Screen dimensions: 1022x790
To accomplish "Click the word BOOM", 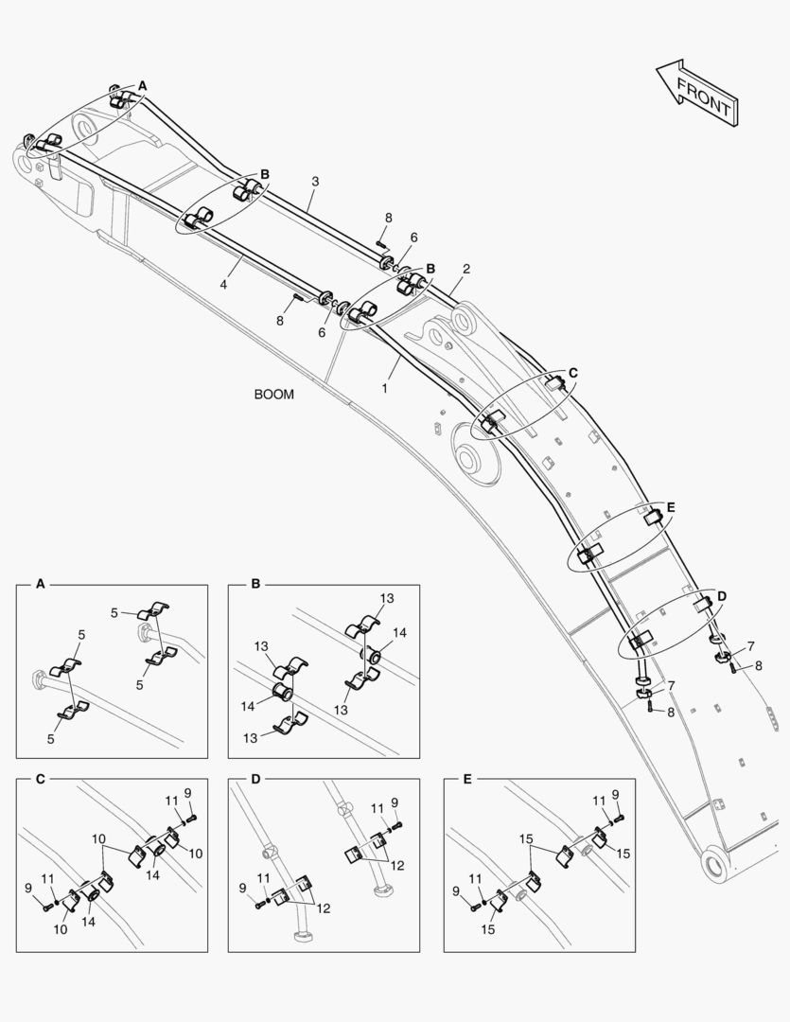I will click(273, 395).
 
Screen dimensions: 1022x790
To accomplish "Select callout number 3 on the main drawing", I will click(315, 181).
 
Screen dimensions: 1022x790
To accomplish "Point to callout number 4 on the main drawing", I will click(224, 283).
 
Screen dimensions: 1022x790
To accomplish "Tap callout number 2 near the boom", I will click(466, 269).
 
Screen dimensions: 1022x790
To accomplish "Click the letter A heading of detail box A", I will click(40, 585).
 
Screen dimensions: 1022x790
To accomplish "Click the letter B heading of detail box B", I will click(255, 585).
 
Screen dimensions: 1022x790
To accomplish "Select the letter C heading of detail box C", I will click(40, 779).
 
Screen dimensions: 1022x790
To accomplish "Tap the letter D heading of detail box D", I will click(255, 779).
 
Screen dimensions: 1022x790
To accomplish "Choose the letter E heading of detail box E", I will click(467, 779).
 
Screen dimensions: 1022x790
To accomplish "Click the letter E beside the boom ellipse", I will click(671, 508).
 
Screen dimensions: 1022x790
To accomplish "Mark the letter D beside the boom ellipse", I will click(722, 595).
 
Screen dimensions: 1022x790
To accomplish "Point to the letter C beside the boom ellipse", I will click(572, 373).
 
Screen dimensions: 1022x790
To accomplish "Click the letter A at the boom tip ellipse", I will click(143, 86).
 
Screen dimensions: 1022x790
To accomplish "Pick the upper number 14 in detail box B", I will click(400, 633).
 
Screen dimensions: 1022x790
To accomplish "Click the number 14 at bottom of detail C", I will click(90, 921).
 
